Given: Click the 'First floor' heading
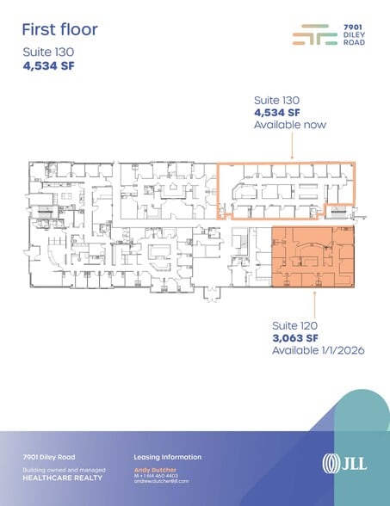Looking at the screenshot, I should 60,29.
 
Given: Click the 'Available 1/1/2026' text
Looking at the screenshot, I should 313,352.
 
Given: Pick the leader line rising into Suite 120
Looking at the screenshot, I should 315,303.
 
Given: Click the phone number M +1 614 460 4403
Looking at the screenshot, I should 156,475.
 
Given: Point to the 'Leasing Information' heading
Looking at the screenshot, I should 168,457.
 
